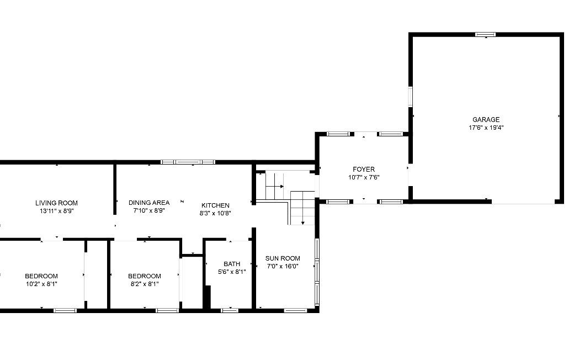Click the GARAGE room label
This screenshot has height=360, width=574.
tap(486, 119)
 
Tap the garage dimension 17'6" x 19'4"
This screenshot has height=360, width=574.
tap(486, 128)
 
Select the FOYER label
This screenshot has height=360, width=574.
tap(364, 169)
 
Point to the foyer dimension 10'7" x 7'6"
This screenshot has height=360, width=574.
tap(364, 177)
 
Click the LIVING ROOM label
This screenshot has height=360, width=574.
tap(56, 203)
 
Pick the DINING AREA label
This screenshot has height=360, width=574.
tap(149, 203)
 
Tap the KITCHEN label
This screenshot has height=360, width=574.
tap(215, 205)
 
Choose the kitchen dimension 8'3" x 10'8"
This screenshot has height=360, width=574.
tap(215, 213)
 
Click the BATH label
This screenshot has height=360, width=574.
tap(232, 264)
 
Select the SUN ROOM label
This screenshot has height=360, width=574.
tap(283, 258)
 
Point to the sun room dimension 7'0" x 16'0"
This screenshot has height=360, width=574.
tap(283, 266)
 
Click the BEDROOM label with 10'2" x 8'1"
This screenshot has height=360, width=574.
tap(41, 276)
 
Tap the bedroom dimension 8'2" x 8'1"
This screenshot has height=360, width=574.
tap(145, 284)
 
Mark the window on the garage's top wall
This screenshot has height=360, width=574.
tap(485, 34)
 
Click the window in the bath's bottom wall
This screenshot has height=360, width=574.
tap(230, 310)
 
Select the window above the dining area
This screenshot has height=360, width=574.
tap(188, 162)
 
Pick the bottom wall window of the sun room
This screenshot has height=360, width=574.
tap(295, 310)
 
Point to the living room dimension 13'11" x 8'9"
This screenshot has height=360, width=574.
tap(56, 211)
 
